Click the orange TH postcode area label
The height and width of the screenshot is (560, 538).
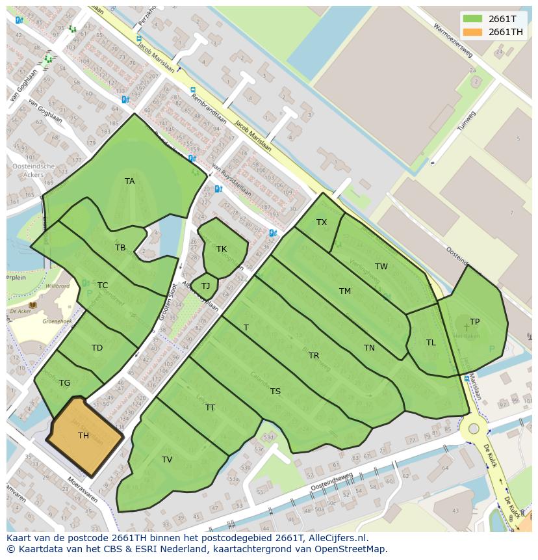[x=83, y=436]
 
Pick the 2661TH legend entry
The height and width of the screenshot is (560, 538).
[x=505, y=32]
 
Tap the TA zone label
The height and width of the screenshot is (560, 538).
[x=130, y=181]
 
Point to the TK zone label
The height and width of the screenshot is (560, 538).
[x=222, y=249]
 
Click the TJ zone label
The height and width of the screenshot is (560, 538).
[x=205, y=286]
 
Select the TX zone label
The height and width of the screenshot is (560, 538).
[x=322, y=222]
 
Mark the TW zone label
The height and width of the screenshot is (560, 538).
[x=381, y=267]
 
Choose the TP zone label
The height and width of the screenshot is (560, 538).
[x=474, y=322]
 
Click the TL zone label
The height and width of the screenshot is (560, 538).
[x=431, y=343]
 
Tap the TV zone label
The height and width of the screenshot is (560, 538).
[x=167, y=460]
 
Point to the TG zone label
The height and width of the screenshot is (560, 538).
[x=64, y=383]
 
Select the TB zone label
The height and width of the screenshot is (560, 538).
[x=120, y=248]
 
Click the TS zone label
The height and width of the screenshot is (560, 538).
[x=275, y=392]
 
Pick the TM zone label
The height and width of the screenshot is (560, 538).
[x=345, y=291]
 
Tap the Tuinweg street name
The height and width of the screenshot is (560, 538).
[x=466, y=120]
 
